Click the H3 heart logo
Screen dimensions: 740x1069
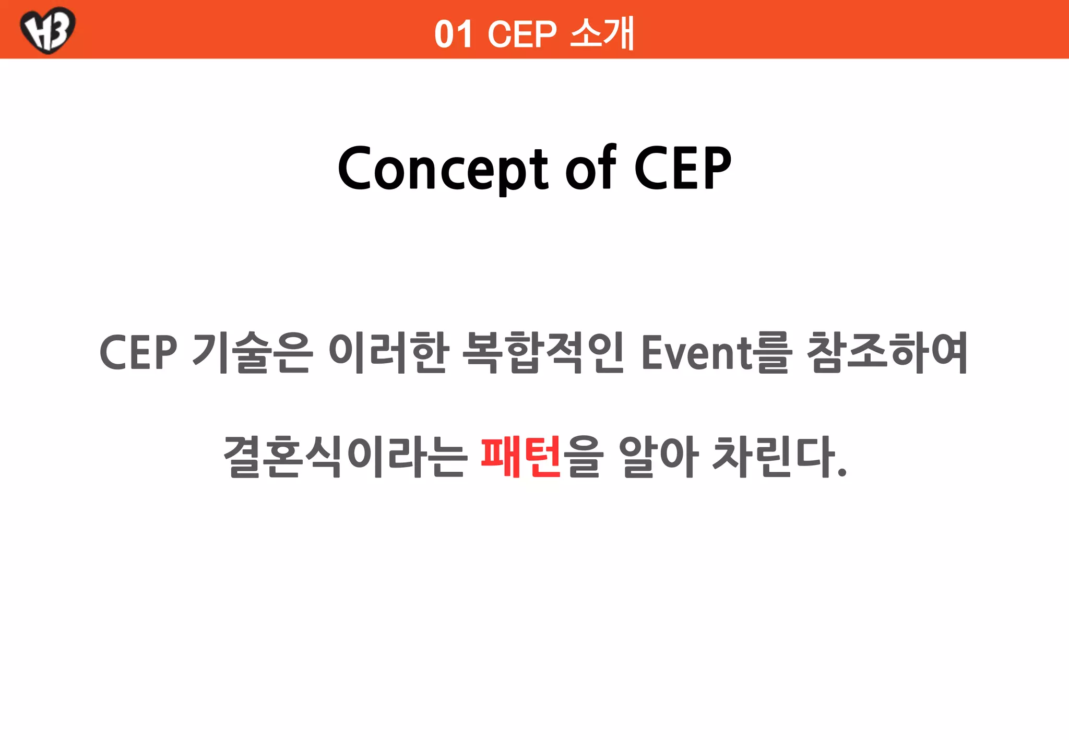click(47, 30)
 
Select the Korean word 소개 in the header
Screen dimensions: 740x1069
click(602, 33)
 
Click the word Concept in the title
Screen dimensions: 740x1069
click(443, 169)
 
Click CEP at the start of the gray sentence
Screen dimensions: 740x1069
click(138, 353)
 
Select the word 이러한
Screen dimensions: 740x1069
click(388, 353)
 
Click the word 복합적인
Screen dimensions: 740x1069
click(543, 353)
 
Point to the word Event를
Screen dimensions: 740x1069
click(716, 353)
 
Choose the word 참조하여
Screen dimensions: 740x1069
click(887, 353)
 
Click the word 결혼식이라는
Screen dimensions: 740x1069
click(345, 457)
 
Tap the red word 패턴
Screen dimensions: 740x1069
click(520, 457)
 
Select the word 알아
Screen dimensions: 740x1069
click(659, 457)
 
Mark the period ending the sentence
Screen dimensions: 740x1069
click(841, 473)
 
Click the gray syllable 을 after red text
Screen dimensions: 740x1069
click(584, 457)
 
